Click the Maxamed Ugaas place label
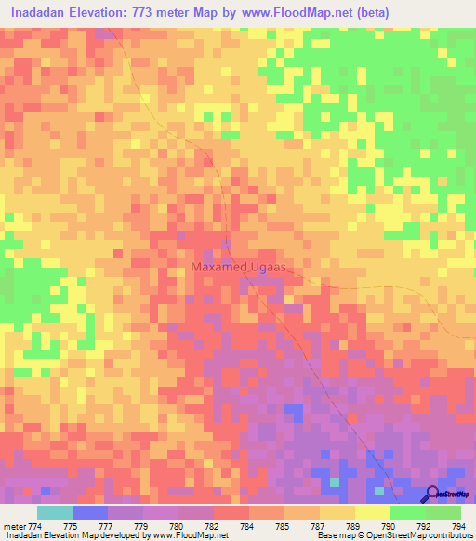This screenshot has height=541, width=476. click(242, 267)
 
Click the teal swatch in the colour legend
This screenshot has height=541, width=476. click(55, 512)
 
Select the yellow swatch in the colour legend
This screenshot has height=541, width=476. click(372, 512)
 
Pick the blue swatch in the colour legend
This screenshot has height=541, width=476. click(90, 512)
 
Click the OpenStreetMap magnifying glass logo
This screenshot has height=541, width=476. click(431, 494)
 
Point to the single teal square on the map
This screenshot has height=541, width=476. click(334, 481)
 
